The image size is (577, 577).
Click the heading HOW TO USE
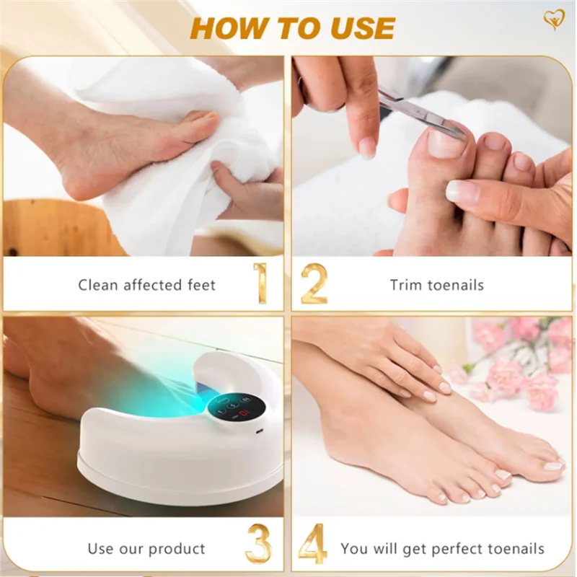[x=292, y=28]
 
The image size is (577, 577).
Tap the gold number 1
[x=260, y=283]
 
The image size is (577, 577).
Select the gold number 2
[x=314, y=283]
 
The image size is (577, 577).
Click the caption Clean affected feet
[x=146, y=285]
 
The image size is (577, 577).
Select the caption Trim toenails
[x=436, y=285]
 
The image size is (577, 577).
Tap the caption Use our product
[x=146, y=549]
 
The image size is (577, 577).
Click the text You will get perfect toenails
[x=443, y=549]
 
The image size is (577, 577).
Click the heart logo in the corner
[x=554, y=19]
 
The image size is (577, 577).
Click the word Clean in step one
[x=97, y=285]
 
